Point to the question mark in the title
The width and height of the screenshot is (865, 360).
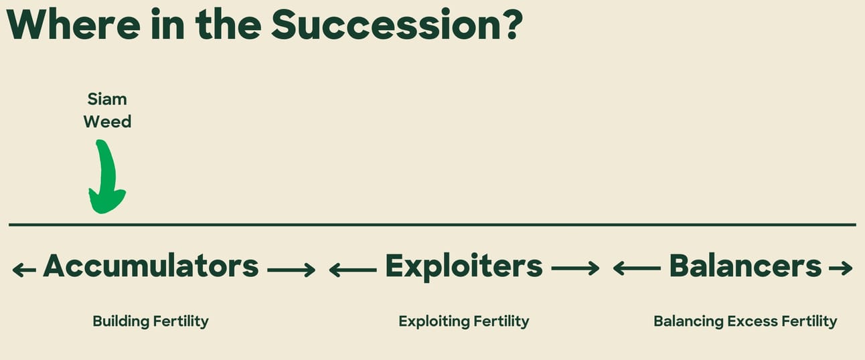pyautogui.click(x=514, y=24)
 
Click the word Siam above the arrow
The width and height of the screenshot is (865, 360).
pyautogui.click(x=107, y=99)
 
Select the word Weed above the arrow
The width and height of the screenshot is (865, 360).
pyautogui.click(x=107, y=122)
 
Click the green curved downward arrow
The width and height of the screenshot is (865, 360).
pyautogui.click(x=105, y=177)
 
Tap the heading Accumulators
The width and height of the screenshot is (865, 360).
pyautogui.click(x=151, y=266)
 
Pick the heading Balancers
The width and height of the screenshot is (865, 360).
pyautogui.click(x=745, y=266)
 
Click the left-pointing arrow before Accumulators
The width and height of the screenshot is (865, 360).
pyautogui.click(x=24, y=270)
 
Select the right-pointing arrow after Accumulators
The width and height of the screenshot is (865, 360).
pyautogui.click(x=291, y=270)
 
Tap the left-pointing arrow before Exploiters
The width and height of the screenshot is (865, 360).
pyautogui.click(x=353, y=270)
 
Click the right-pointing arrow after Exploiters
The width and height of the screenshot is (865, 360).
pyautogui.click(x=575, y=268)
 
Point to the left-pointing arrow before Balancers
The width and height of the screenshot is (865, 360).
pyautogui.click(x=637, y=268)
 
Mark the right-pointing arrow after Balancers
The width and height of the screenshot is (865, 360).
pyautogui.click(x=841, y=268)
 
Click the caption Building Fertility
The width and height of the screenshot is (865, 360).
pyautogui.click(x=151, y=321)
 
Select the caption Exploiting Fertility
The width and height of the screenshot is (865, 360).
pyautogui.click(x=464, y=321)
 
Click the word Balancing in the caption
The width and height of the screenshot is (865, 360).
pyautogui.click(x=688, y=321)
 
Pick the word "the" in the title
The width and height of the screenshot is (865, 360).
pyautogui.click(x=228, y=24)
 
